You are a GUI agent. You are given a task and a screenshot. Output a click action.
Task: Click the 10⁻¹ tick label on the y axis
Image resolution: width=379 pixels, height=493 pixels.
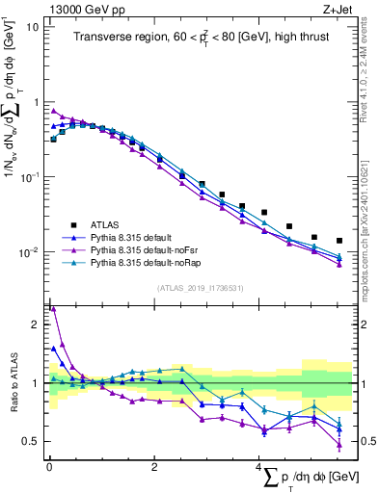29,177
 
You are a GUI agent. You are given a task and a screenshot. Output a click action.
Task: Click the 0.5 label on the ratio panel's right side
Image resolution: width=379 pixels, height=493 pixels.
365,442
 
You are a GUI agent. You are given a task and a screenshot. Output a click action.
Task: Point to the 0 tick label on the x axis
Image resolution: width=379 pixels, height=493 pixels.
49,467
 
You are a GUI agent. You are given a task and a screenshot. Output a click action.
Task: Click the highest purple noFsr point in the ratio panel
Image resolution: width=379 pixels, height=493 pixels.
53,309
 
